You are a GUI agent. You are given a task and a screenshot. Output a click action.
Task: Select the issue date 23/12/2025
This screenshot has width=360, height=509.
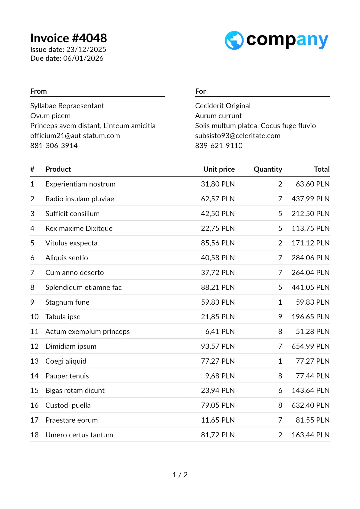click(86, 50)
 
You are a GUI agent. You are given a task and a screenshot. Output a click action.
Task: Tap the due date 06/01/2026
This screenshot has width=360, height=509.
click(83, 58)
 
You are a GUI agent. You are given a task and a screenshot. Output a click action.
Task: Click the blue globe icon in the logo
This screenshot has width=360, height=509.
click(234, 41)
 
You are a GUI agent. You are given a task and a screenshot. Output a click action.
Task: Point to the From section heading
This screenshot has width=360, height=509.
click(38, 91)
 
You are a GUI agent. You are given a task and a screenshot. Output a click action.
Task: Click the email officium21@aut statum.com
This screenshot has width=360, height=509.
click(75, 136)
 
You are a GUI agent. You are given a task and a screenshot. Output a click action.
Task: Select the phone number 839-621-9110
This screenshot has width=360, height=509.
click(219, 146)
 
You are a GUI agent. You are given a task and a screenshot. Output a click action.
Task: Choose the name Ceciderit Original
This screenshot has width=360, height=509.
click(223, 106)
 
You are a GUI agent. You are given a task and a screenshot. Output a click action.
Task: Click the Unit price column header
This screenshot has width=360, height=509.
click(219, 169)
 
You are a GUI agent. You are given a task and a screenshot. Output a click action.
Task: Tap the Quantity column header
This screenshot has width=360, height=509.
click(268, 169)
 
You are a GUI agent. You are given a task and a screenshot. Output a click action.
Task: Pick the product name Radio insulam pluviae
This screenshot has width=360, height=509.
click(80, 199)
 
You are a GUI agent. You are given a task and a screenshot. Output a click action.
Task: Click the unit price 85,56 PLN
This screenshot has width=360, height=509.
click(218, 243)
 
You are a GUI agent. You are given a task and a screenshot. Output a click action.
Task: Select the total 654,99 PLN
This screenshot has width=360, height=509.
click(310, 346)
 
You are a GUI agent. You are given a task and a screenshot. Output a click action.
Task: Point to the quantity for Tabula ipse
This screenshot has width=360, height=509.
click(280, 317)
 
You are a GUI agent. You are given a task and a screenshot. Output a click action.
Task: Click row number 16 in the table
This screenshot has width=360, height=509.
click(34, 405)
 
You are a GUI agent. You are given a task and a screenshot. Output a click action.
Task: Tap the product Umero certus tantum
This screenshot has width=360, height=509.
click(79, 435)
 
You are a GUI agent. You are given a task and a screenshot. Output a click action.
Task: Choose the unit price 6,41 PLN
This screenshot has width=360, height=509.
click(220, 332)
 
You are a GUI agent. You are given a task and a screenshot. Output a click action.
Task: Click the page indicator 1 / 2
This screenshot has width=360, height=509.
click(180, 475)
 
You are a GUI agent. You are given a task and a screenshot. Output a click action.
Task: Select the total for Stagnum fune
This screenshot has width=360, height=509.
click(312, 302)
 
